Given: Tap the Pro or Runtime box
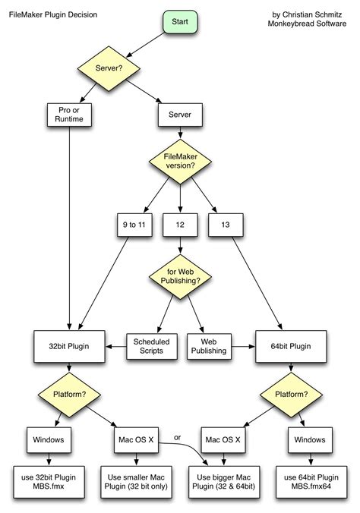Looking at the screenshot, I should [69, 115].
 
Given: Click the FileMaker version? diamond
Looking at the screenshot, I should [180, 163].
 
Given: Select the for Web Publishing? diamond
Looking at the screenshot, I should [180, 278].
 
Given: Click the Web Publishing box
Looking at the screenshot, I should [209, 346].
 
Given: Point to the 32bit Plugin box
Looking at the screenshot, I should [69, 346].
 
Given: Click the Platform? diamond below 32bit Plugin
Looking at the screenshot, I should [69, 395].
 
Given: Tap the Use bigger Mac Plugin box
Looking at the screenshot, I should [226, 480].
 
